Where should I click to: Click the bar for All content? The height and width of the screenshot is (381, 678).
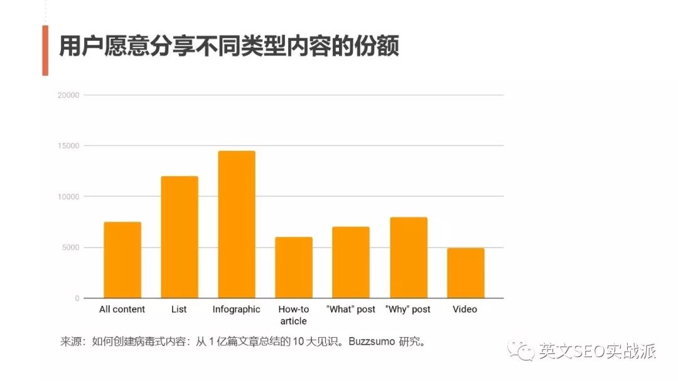(122, 260)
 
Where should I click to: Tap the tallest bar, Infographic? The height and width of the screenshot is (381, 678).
(237, 224)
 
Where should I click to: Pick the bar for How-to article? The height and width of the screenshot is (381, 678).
(294, 268)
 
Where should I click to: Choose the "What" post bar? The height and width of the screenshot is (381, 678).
(351, 263)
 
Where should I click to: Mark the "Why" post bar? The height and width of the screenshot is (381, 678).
(408, 258)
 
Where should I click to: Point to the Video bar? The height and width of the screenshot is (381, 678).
(465, 273)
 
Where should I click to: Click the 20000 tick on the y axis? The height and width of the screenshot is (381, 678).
(69, 95)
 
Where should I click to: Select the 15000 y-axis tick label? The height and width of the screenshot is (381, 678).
(69, 146)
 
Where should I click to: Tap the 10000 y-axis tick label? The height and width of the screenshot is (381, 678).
(69, 197)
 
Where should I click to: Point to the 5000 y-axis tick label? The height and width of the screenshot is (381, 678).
(71, 248)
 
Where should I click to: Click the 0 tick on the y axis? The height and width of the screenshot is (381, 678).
(77, 298)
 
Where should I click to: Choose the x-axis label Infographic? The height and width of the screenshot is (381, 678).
(236, 310)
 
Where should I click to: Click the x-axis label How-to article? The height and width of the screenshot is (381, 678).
(294, 315)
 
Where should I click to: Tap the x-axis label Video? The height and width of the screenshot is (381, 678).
(465, 310)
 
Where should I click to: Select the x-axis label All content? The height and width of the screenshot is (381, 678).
(122, 310)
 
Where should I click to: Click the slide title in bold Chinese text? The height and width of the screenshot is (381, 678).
(229, 48)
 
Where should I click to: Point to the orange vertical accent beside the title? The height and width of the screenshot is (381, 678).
(45, 51)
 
